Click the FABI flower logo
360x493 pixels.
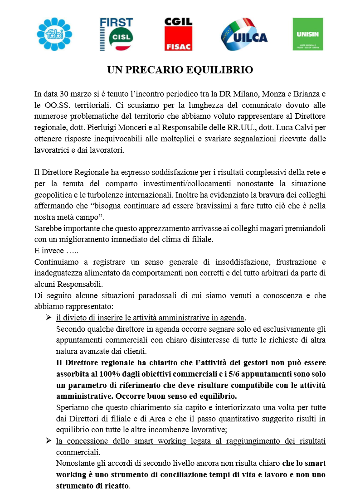pyautogui.click(x=54, y=34)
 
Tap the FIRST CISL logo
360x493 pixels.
pyautogui.click(x=117, y=34)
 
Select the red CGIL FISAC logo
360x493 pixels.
pyautogui.click(x=178, y=34)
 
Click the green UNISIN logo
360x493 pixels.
pyautogui.click(x=308, y=34)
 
